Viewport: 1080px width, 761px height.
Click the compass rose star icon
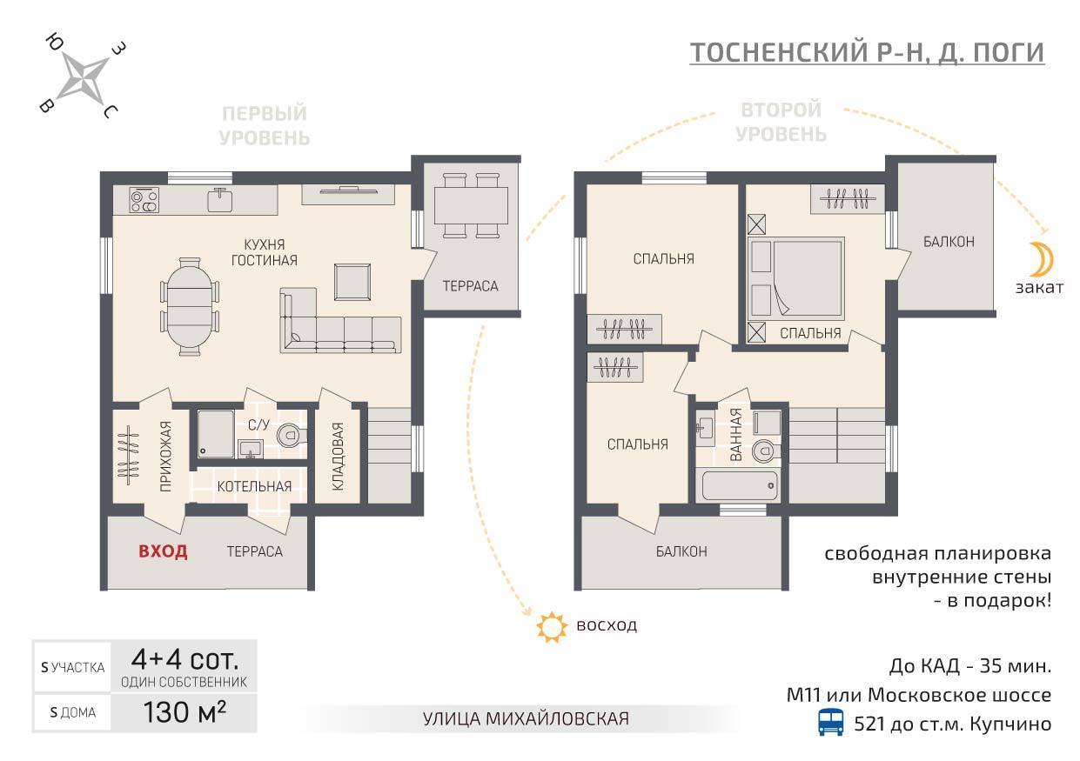tap(86, 77)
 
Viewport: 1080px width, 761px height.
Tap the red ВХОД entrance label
tap(163, 551)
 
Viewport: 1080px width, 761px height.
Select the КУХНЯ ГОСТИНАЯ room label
tap(265, 252)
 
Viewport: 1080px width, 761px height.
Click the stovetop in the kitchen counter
tap(144, 201)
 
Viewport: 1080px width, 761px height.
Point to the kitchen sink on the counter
tap(220, 200)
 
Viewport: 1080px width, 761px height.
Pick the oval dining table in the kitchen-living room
tap(190, 306)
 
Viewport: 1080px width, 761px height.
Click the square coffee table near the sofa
tap(352, 282)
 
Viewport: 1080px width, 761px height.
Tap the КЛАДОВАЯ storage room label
tap(338, 457)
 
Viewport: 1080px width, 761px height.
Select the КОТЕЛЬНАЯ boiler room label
tap(254, 486)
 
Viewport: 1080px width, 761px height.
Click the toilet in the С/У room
tap(291, 435)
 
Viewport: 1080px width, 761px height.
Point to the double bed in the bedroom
tap(795, 278)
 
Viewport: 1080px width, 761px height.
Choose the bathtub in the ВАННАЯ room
tap(740, 486)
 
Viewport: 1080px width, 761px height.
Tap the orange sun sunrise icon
tap(552, 627)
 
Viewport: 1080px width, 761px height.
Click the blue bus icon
tap(831, 722)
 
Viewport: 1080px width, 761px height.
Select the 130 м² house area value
tap(184, 711)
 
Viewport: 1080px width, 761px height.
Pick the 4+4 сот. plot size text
tap(184, 659)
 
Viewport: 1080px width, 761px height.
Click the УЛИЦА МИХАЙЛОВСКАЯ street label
tap(526, 718)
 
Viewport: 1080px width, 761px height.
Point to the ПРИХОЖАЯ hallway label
tap(166, 456)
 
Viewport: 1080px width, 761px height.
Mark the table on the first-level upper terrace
tap(471, 205)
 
